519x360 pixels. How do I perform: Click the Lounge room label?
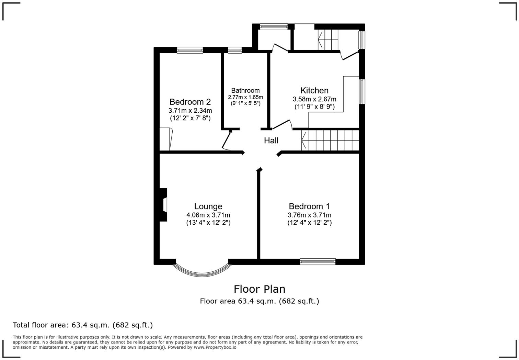[208, 206]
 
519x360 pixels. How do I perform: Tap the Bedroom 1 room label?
[309, 206]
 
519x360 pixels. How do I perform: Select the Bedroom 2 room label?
[190, 102]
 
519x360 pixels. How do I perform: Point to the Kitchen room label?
[314, 90]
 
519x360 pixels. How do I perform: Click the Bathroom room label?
[245, 90]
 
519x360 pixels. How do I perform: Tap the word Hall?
[271, 140]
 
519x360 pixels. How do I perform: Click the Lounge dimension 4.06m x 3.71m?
[208, 215]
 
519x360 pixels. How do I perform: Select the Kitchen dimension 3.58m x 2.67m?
[314, 99]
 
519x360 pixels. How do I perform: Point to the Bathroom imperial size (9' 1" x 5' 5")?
[245, 103]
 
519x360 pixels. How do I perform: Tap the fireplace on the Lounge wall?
[163, 205]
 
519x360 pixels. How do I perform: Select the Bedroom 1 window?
[318, 261]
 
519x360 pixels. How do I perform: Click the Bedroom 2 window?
[190, 50]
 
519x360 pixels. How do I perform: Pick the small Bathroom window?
[234, 50]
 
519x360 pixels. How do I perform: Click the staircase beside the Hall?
[330, 140]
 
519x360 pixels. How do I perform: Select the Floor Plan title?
[259, 289]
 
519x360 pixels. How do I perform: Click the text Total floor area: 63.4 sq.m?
[82, 325]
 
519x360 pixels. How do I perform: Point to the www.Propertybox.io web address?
[215, 347]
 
